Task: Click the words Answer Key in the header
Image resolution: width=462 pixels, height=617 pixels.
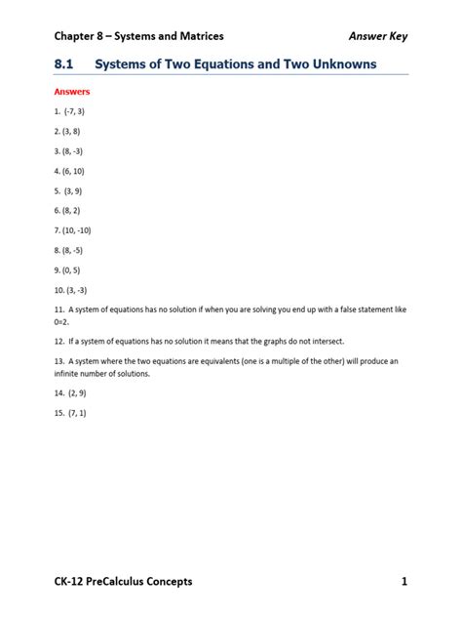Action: click(x=378, y=36)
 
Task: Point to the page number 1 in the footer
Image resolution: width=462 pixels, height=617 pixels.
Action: click(x=403, y=582)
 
